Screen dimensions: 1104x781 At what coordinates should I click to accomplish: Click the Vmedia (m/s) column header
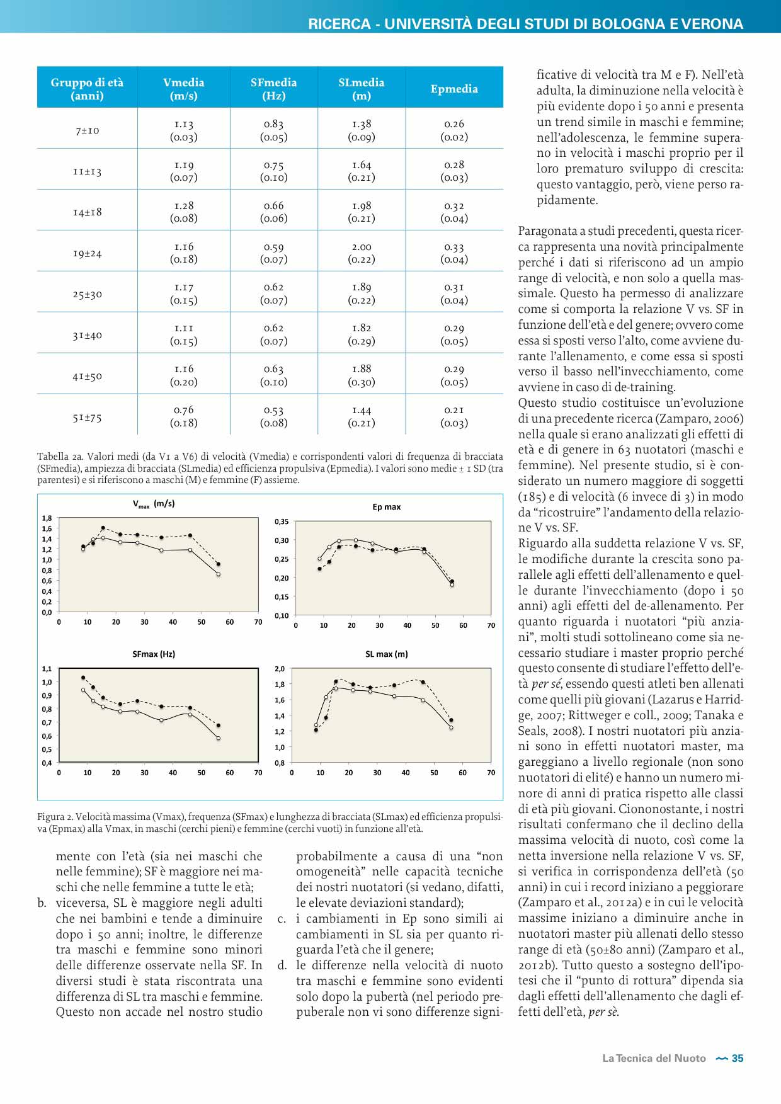coord(183,89)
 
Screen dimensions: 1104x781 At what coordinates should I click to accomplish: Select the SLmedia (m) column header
coord(361,89)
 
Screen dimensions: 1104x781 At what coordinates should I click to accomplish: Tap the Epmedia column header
coord(454,89)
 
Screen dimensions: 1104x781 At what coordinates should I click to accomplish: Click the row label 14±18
coord(87,212)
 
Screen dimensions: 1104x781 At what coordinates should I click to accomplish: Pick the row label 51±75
coord(87,417)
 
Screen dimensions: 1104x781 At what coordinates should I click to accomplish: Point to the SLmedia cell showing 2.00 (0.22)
coord(362,253)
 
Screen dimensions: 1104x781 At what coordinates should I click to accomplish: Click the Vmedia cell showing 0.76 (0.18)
coord(183,416)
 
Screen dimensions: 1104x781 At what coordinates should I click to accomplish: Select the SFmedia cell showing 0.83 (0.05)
coord(273,130)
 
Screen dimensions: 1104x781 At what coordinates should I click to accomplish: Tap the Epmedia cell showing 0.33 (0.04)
coord(454,253)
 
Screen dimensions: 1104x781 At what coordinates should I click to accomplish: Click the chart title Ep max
coord(386,507)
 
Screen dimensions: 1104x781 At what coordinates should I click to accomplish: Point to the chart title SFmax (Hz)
coord(154,654)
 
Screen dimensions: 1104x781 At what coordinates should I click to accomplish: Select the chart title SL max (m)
coord(386,654)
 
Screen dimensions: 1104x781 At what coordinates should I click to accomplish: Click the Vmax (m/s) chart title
coord(154,504)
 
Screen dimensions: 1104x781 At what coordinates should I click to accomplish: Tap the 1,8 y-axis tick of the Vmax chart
coord(47,518)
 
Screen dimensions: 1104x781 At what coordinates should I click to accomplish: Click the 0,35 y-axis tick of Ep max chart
coord(282,521)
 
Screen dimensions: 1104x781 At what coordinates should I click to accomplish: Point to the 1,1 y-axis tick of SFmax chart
coord(47,669)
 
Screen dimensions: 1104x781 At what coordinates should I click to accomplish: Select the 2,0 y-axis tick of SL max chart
coord(280,669)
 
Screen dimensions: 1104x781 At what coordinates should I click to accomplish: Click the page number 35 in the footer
coord(738,1059)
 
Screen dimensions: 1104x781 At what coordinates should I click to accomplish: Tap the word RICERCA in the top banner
coord(339,24)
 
